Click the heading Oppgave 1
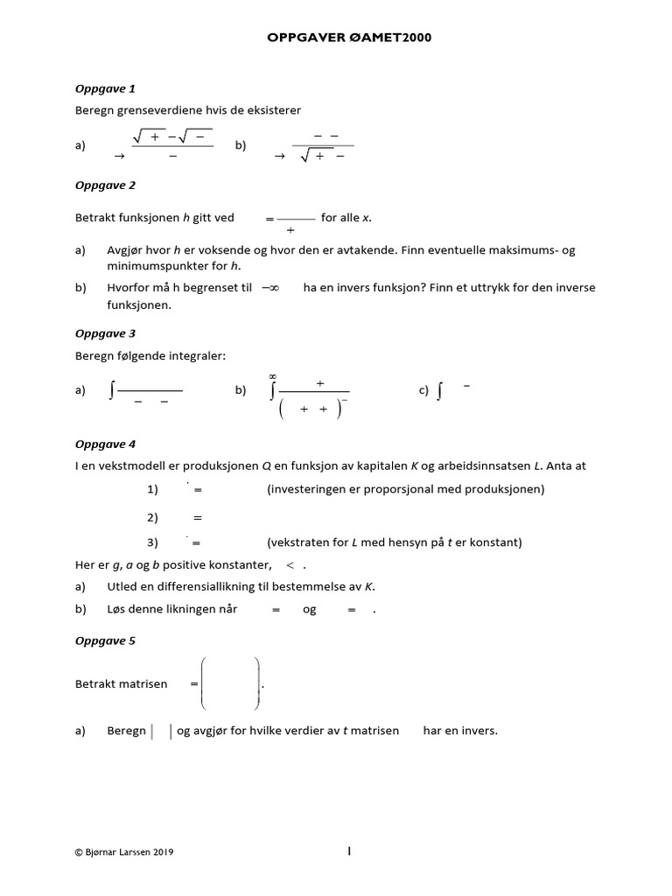(x=105, y=88)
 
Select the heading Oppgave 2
(x=105, y=185)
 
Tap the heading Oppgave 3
(x=105, y=333)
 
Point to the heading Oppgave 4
(x=105, y=444)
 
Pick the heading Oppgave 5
(x=105, y=640)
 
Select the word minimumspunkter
(x=152, y=266)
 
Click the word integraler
(x=199, y=355)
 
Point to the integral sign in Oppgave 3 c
(x=438, y=392)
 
